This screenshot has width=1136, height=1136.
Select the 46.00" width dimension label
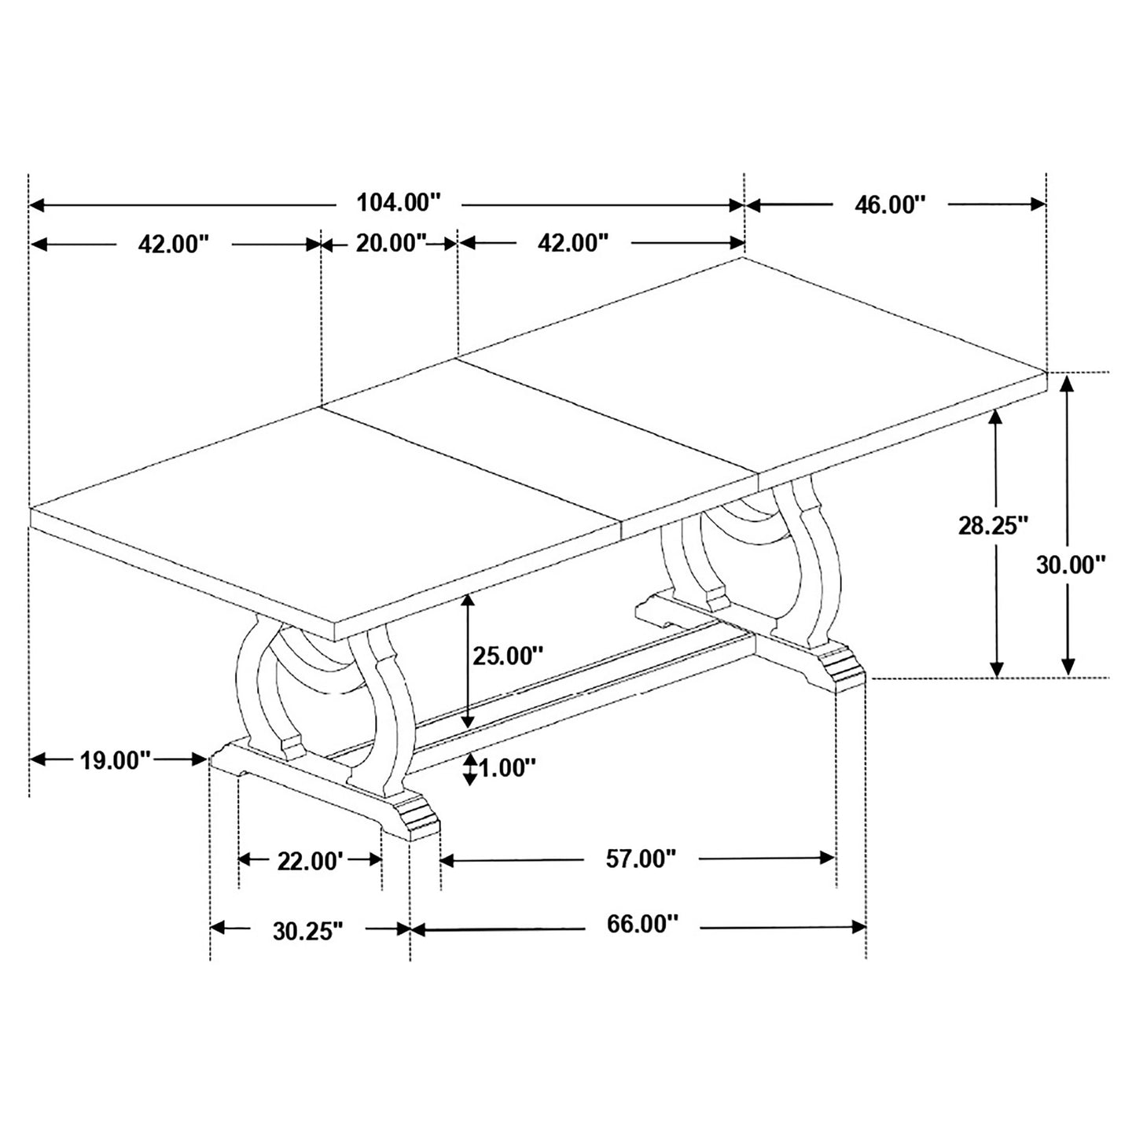click(x=890, y=204)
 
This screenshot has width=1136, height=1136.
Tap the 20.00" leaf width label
click(x=391, y=243)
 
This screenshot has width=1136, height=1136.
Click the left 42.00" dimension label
click(x=174, y=244)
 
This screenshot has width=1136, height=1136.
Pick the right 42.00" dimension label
click(x=573, y=243)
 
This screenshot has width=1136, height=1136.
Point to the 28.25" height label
click(x=992, y=525)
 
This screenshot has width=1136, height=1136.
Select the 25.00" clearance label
click(x=508, y=655)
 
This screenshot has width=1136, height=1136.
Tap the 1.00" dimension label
click(x=507, y=767)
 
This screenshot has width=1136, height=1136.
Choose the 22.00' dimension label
click(x=311, y=862)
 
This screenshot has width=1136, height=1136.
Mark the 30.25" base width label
click(x=308, y=930)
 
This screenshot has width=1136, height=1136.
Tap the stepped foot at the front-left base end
click(x=413, y=818)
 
